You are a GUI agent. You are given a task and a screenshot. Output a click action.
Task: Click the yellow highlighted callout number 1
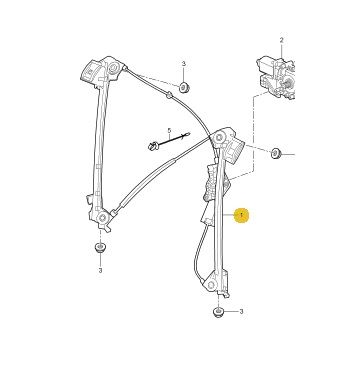click(x=241, y=215)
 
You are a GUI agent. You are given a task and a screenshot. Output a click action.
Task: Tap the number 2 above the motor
click(x=281, y=40)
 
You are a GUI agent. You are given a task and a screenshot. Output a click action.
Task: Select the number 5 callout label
click(x=169, y=130)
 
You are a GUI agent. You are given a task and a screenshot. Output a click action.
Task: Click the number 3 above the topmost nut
click(x=183, y=64)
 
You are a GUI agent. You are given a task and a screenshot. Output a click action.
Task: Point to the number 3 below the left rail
click(x=100, y=271)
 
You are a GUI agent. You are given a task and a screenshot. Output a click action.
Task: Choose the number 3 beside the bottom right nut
click(x=241, y=312)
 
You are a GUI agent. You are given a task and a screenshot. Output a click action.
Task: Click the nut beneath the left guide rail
click(x=100, y=248)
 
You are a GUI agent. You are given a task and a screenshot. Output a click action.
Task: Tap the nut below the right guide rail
click(x=218, y=313)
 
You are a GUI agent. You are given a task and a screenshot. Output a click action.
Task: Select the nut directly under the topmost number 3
click(x=184, y=88)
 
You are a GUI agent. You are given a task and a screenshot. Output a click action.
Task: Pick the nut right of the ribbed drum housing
click(x=275, y=154)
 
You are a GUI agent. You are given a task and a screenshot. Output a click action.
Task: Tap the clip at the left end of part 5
click(x=153, y=146)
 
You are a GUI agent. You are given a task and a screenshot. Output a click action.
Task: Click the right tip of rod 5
click(x=188, y=134)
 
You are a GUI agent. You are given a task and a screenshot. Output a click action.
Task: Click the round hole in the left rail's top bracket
click(x=113, y=69)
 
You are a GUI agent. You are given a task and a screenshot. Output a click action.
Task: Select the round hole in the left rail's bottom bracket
click(x=103, y=218)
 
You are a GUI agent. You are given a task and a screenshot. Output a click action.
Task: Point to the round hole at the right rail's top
click(x=219, y=138)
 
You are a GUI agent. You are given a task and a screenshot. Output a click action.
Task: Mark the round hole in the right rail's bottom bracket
click(x=211, y=285)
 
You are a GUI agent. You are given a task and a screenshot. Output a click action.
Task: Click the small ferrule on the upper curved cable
click(x=170, y=95)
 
